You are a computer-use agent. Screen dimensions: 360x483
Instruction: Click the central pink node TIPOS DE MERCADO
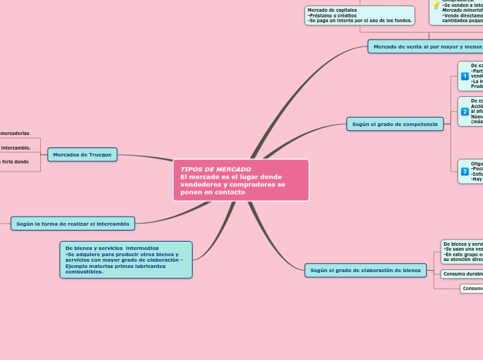pyautogui.click(x=240, y=180)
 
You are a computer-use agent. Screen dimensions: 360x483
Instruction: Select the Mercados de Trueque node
pyautogui.click(x=82, y=154)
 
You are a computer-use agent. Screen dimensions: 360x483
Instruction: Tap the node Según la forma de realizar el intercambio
pyautogui.click(x=73, y=223)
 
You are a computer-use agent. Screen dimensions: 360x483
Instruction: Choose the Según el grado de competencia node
pyautogui.click(x=394, y=124)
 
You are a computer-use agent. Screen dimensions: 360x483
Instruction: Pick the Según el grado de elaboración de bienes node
pyautogui.click(x=365, y=270)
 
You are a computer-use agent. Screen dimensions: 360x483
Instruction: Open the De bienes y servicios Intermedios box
pyautogui.click(x=125, y=260)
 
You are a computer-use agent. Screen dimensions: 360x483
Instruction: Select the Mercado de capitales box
pyautogui.click(x=360, y=15)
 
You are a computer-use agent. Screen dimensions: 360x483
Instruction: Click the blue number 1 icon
pyautogui.click(x=464, y=76)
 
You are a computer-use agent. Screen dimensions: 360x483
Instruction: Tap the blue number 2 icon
pyautogui.click(x=464, y=111)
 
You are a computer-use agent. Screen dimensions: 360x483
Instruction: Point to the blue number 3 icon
pyautogui.click(x=464, y=171)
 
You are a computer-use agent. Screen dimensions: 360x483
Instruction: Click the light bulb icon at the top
pyautogui.click(x=436, y=5)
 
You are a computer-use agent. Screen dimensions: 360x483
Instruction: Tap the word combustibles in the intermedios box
pyautogui.click(x=84, y=271)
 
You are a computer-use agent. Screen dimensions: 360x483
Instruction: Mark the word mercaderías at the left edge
pyautogui.click(x=15, y=133)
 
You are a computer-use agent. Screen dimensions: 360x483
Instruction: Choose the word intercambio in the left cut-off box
pyautogui.click(x=15, y=147)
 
